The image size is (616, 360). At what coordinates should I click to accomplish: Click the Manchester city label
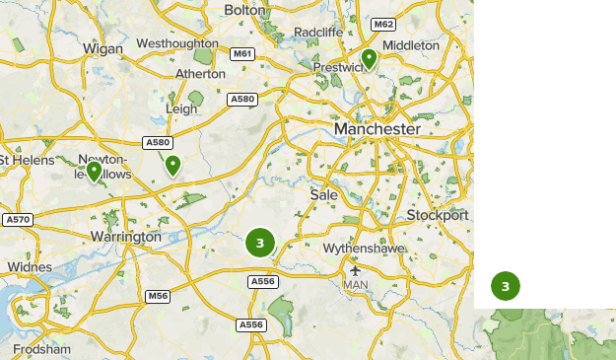coord(376,129)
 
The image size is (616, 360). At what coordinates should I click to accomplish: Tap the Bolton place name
coord(245,9)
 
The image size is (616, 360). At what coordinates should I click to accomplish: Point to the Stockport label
coord(438,215)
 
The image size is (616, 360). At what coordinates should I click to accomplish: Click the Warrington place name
coord(125,238)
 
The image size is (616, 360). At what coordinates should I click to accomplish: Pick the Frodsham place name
coord(42,349)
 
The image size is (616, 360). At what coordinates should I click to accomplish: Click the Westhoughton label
coord(177,43)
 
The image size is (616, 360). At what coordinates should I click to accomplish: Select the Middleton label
coord(411,45)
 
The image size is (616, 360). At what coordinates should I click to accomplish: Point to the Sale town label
coord(323,195)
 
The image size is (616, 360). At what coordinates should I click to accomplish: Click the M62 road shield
coord(382,24)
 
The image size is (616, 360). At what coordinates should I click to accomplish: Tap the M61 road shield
coord(241,52)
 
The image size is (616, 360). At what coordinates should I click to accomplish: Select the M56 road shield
coord(158,296)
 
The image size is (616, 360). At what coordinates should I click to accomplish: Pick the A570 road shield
coord(17,219)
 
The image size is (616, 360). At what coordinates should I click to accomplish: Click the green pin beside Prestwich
coord(369,59)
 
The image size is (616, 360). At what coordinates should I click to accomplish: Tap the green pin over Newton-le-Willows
coord(95,172)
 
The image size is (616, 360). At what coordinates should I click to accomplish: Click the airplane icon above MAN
coord(355,270)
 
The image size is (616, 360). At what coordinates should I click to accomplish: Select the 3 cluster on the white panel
coord(505,287)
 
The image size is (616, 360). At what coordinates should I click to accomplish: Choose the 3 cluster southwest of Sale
coord(259,242)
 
